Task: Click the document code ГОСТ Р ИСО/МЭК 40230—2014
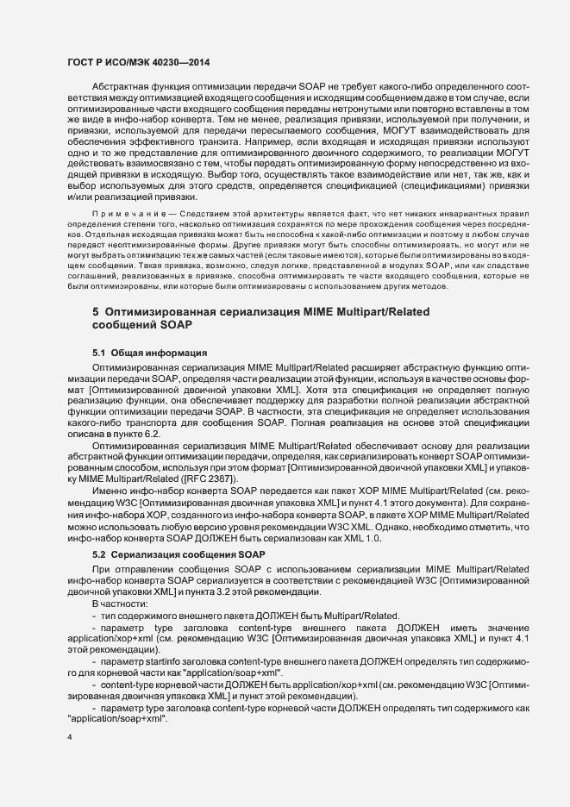(x=138, y=62)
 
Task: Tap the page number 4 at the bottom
(x=70, y=738)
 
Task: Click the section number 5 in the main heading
(x=96, y=310)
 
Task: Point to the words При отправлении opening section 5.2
(x=128, y=569)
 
